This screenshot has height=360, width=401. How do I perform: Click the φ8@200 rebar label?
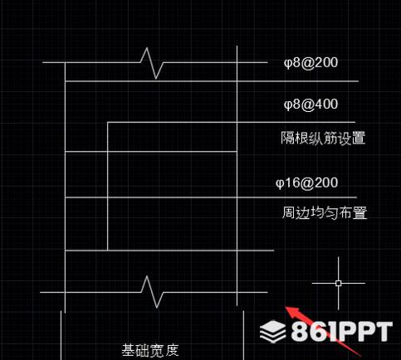click(x=311, y=63)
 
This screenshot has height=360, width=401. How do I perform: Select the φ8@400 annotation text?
click(x=311, y=105)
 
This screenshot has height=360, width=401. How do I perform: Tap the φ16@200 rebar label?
click(x=306, y=183)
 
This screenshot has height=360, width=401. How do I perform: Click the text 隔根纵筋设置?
click(x=323, y=138)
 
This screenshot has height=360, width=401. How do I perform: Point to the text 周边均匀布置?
click(x=325, y=213)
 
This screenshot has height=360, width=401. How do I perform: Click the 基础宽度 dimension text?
click(x=150, y=350)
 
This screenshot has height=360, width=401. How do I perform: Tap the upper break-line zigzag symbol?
click(x=152, y=63)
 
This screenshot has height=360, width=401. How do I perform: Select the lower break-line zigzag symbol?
click(x=152, y=292)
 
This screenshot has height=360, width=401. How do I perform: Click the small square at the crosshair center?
click(x=338, y=283)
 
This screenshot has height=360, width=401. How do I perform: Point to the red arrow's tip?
click(x=286, y=306)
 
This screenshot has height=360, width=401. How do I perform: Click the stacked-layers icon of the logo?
click(x=272, y=331)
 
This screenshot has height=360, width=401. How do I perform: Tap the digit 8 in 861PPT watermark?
click(x=301, y=331)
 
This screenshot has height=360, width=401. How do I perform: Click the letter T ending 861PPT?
click(x=382, y=331)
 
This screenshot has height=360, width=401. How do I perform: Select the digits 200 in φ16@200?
click(x=326, y=182)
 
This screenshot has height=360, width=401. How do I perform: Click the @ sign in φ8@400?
click(x=307, y=105)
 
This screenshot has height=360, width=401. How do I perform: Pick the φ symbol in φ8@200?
click(x=288, y=63)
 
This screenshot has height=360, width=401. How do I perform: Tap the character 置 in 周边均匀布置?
click(x=359, y=213)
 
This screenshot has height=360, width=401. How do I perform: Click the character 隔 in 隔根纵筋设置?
click(x=288, y=138)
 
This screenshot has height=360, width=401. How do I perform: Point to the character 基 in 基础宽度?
click(x=129, y=350)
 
